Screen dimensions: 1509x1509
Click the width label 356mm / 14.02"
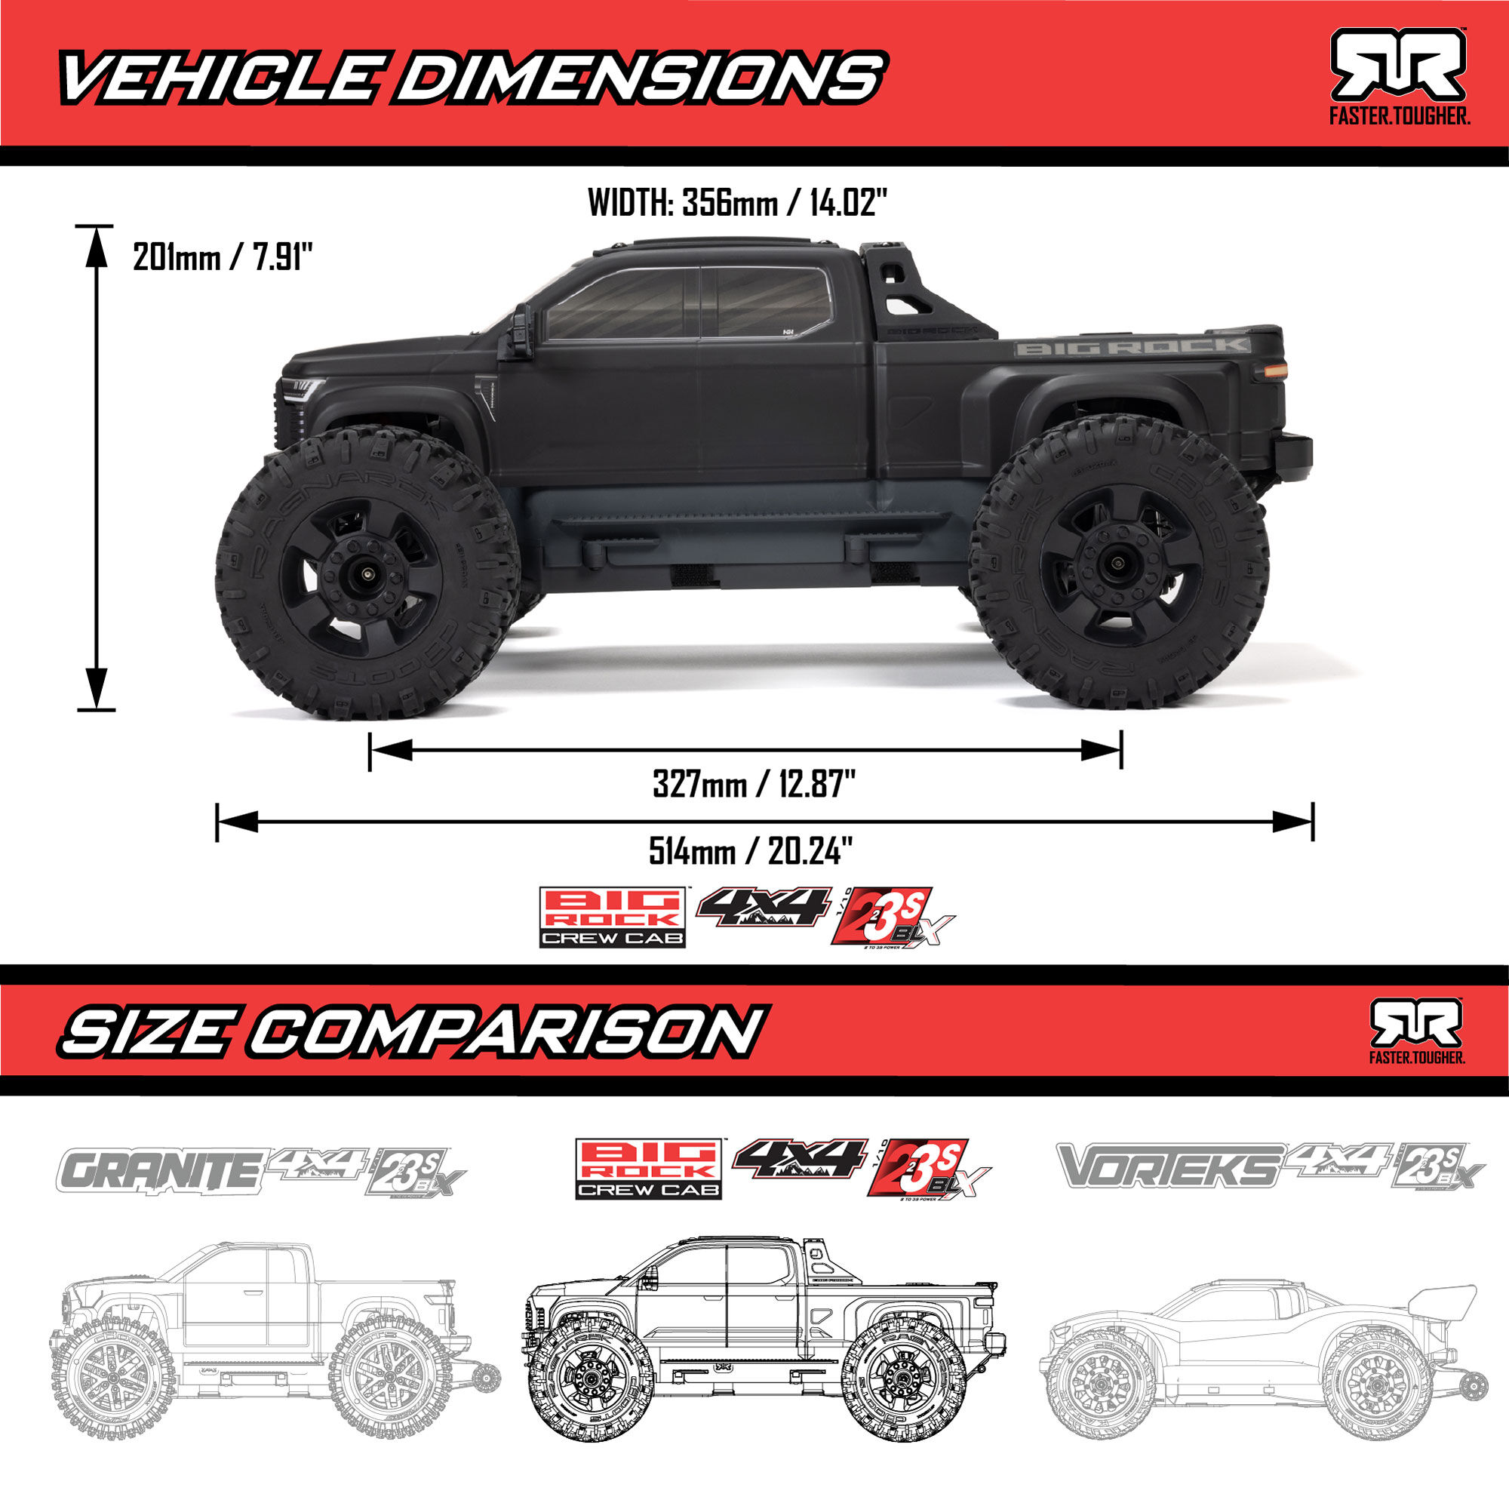[737, 203]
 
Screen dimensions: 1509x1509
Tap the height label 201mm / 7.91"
[223, 257]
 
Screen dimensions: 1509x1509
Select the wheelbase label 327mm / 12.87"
[754, 783]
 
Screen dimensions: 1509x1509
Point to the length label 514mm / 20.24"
[750, 850]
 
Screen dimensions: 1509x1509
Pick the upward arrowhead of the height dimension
[96, 245]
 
